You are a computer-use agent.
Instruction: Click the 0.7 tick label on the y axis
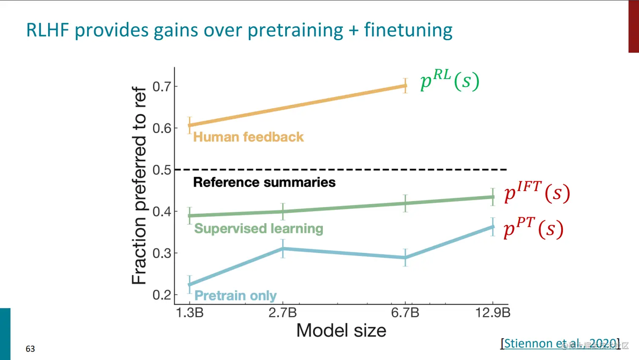162,87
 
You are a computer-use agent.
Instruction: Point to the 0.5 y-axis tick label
162,170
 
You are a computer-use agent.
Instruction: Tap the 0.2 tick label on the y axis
162,295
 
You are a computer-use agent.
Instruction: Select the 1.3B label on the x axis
190,313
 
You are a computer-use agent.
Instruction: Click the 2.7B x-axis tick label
283,313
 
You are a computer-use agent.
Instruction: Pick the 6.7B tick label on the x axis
405,313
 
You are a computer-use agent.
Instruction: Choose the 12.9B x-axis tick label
493,313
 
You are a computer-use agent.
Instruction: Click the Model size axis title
341,330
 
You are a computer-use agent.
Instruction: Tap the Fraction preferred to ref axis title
139,185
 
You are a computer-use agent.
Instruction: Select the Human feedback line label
248,137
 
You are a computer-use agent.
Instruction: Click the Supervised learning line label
259,229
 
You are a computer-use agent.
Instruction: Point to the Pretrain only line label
235,295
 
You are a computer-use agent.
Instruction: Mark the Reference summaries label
264,182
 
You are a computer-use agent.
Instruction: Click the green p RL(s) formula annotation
450,80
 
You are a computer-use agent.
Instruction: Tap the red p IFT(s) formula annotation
537,192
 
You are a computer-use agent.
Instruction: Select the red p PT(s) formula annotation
533,229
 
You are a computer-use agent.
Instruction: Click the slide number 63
30,349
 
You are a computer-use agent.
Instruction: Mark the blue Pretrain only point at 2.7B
283,249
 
